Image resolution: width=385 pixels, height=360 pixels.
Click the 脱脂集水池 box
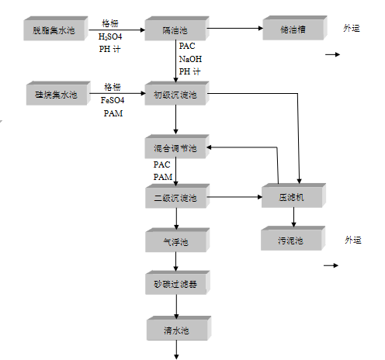click(55, 31)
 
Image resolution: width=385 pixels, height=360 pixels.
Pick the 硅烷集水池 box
click(55, 95)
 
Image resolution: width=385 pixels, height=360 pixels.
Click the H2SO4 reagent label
click(111, 36)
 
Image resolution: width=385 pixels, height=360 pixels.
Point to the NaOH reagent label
click(189, 58)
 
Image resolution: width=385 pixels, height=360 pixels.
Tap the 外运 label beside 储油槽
click(352, 28)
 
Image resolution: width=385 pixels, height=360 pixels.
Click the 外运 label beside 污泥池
click(353, 240)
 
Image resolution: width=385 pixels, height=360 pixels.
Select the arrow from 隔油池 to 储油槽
click(234, 29)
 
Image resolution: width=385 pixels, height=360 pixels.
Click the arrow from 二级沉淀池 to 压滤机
click(234, 198)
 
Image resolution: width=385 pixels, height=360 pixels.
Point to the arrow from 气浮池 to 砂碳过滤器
click(177, 262)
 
